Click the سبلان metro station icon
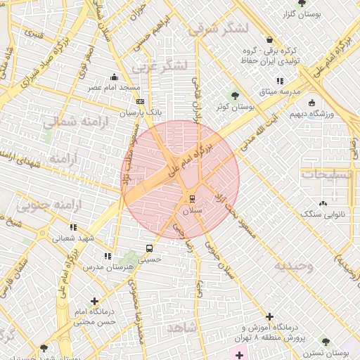191,198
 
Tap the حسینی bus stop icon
148,247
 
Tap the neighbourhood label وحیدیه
293,266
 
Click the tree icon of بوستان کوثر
235,95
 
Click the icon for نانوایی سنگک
323,203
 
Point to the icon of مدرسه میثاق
281,81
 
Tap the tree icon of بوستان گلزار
301,4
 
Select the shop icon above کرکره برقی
271,40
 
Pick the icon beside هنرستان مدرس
108,256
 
